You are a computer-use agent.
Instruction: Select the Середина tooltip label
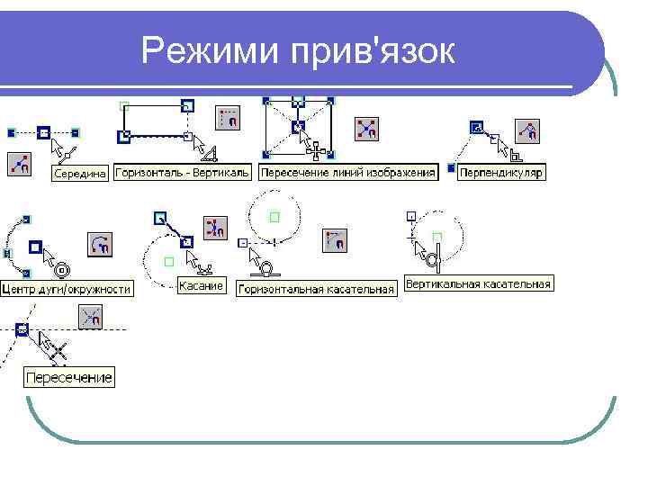point(80,174)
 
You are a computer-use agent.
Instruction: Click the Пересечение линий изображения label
point(347,172)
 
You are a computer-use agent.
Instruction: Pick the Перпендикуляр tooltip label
point(501,172)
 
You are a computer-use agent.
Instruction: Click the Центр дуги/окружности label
point(67,289)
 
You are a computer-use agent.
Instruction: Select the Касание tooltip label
point(201,285)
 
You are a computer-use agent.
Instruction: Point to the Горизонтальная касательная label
point(317,289)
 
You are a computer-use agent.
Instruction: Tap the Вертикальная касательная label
point(478,284)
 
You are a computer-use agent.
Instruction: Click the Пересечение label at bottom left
point(69,377)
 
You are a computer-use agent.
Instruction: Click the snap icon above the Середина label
point(20,164)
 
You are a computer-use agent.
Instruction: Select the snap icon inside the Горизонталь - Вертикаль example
point(229,117)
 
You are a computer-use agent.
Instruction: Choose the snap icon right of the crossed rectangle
point(366,129)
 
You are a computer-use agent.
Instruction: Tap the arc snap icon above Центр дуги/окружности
point(100,244)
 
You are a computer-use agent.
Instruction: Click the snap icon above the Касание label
point(215,228)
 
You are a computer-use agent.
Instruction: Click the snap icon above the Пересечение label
point(91,317)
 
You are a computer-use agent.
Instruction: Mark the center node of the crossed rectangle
point(298,129)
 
